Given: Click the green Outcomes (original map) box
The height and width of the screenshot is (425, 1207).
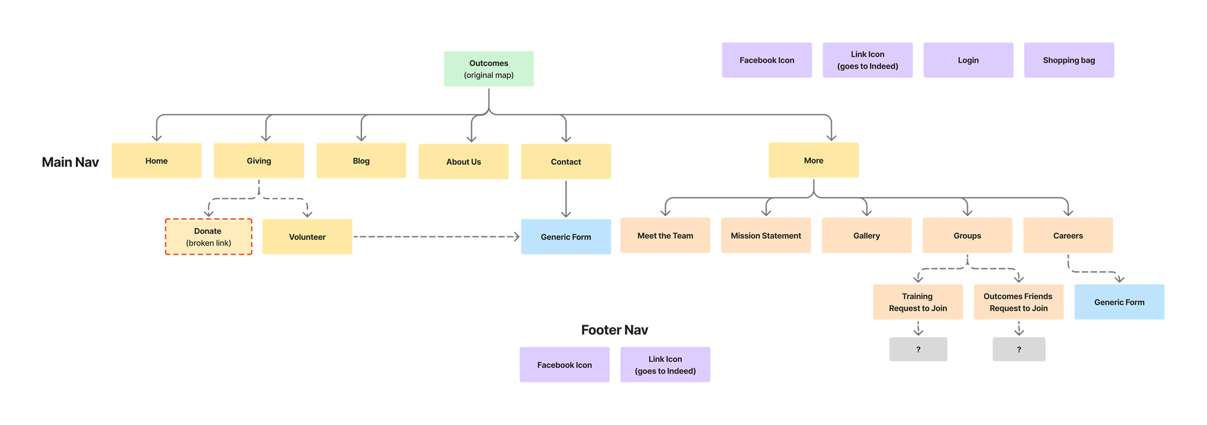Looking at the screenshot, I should coord(489,69).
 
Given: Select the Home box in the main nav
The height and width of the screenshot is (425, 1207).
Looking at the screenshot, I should coord(156,161).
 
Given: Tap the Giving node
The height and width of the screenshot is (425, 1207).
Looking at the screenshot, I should coord(259,161).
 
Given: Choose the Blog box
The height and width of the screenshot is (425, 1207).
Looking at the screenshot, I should coord(361,161).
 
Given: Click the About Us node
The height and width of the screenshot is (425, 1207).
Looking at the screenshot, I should coord(463,162).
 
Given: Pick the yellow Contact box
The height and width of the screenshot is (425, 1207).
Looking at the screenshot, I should coord(565,162).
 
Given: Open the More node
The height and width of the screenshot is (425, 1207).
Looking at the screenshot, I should coord(814,160).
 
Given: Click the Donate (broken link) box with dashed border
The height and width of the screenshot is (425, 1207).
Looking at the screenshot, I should coord(208,237).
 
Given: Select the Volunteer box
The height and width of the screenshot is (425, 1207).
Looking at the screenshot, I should coord(307,237).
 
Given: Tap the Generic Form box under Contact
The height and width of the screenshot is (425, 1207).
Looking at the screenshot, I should coord(565,237).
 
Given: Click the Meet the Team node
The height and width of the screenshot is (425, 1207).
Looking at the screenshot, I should coord(665,236).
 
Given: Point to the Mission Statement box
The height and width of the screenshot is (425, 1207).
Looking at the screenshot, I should coord(765,236).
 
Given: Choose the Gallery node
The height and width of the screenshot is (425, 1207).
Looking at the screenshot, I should coord(866,236).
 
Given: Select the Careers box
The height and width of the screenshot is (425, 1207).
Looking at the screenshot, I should coord(1068,236).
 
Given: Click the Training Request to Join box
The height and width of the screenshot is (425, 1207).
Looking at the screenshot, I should coord(917,302).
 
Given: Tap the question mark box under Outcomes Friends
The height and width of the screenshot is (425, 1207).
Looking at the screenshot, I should coord(1019,350).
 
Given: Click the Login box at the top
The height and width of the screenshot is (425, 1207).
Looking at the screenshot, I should coord(968,60).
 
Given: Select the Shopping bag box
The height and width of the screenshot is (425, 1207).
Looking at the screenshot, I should coord(1068,60).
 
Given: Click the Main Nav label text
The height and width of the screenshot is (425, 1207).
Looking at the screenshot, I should coord(70,162).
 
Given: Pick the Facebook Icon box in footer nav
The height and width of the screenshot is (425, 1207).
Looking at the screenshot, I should coord(564,365).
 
